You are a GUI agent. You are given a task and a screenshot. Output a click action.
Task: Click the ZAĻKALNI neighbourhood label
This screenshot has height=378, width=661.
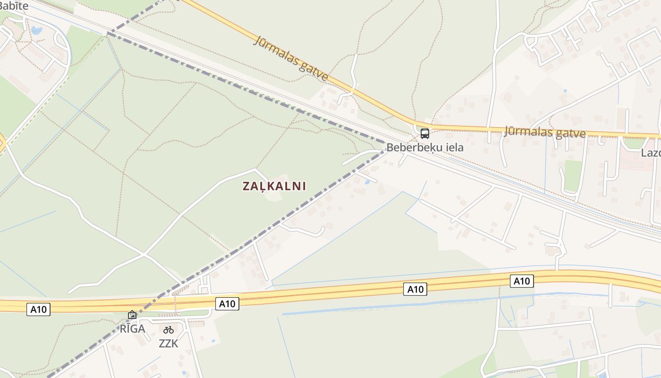[274, 186]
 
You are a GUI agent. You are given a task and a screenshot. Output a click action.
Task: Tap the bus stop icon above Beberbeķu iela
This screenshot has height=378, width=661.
[425, 133]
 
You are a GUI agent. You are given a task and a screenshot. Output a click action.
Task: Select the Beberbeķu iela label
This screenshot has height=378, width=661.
[425, 147]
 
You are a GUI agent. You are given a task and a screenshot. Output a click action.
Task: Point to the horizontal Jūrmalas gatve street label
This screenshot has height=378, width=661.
[545, 131]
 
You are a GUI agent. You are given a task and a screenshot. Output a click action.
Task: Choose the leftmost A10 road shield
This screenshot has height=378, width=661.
[38, 309]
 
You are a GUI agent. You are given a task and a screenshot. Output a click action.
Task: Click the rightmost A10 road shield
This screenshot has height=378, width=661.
[522, 281]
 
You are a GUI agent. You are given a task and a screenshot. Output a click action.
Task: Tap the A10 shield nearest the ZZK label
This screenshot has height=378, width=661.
[227, 304]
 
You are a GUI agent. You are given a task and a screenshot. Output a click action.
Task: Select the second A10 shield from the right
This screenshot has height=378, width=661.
[415, 289]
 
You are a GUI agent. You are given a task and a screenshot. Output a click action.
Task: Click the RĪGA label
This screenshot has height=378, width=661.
[132, 329]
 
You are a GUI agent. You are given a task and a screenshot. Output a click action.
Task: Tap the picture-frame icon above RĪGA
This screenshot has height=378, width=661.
[132, 315]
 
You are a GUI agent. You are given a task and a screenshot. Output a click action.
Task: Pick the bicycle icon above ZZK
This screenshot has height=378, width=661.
[169, 330]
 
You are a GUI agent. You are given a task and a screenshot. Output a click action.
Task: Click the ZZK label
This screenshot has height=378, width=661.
[169, 344]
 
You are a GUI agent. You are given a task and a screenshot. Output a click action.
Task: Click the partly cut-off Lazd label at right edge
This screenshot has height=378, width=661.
[651, 153]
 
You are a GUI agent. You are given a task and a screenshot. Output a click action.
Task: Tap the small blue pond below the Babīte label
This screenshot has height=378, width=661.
[36, 31]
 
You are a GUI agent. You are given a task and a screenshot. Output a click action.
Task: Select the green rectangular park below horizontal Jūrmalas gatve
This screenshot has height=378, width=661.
[573, 175]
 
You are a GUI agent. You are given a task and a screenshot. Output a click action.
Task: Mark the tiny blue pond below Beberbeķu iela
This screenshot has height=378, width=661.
[367, 182]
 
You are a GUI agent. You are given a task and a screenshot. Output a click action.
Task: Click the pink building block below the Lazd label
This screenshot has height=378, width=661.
[635, 163]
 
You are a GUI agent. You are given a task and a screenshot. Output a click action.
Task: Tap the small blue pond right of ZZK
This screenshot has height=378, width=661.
[213, 341]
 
